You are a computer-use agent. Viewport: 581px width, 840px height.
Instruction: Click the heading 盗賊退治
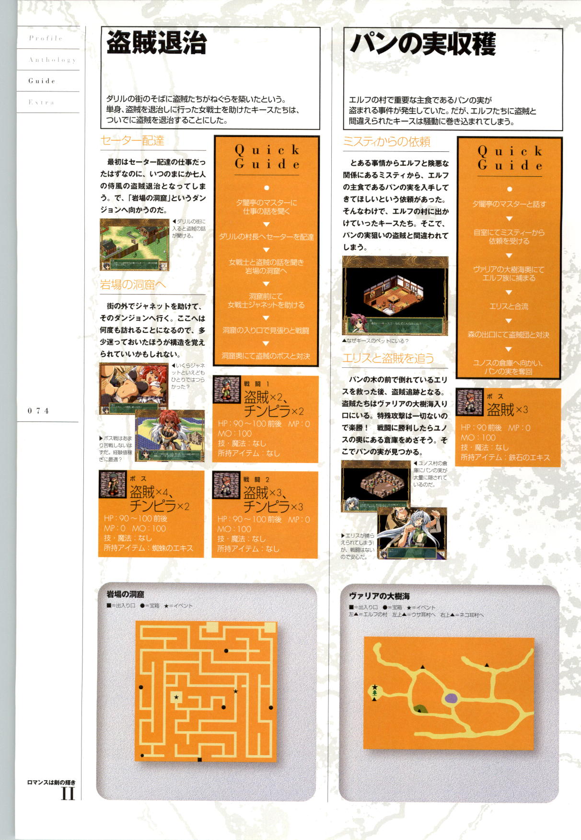[156, 43]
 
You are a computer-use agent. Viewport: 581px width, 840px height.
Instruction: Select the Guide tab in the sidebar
[42, 81]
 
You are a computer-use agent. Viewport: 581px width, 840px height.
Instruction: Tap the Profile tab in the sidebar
[46, 38]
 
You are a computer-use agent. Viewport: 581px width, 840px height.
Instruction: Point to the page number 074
[38, 410]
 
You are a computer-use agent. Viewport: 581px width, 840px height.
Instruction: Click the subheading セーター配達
[133, 141]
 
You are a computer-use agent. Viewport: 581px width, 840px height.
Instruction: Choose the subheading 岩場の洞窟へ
[133, 285]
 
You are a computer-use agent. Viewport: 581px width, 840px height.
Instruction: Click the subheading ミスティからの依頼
[386, 142]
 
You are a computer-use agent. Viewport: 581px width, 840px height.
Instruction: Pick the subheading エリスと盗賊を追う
[388, 358]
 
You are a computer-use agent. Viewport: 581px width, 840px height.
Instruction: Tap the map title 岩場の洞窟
[125, 594]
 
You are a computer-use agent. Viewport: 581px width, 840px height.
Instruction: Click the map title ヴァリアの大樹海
[379, 596]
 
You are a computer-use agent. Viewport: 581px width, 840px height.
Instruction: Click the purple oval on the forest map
[451, 698]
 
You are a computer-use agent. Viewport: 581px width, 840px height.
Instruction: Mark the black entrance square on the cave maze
[199, 760]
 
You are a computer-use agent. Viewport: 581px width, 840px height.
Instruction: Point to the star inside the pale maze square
[176, 697]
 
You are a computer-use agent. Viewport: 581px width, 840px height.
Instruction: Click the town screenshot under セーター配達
[134, 245]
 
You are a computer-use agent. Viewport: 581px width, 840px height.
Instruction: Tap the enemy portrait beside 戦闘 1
[227, 389]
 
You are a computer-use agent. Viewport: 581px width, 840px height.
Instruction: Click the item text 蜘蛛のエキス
[172, 548]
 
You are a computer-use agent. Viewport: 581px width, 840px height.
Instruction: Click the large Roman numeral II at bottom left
[68, 794]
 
